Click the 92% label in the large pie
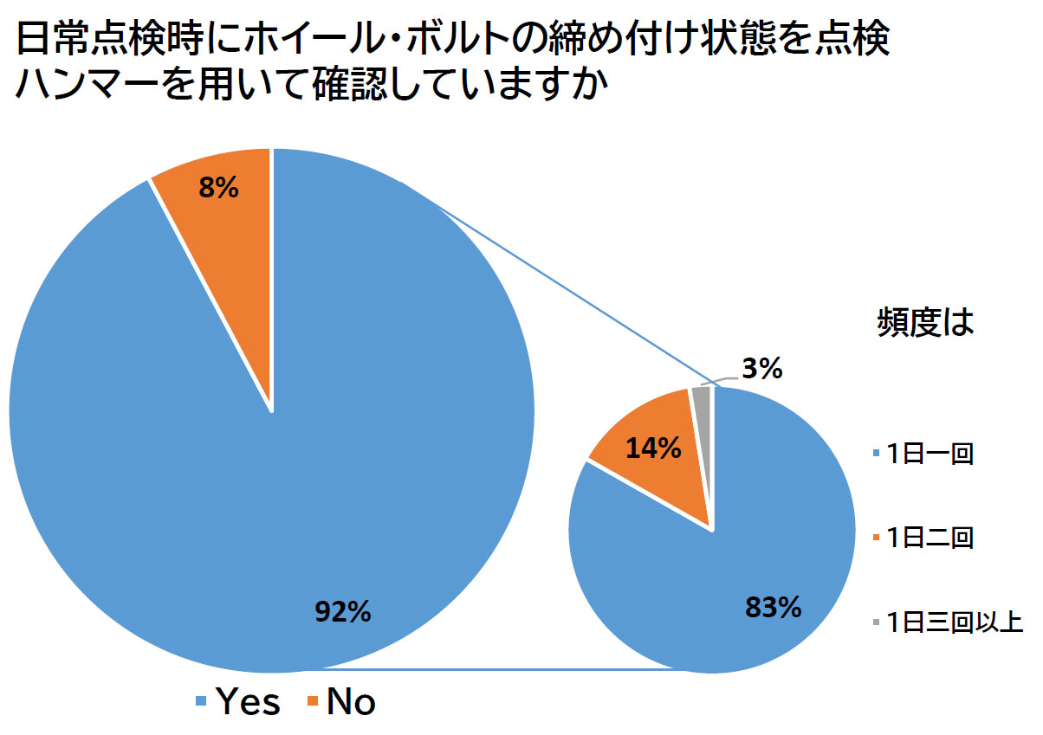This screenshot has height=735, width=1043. [x=342, y=612]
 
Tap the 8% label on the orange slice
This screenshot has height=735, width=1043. [x=218, y=188]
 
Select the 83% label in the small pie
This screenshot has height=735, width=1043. [x=773, y=607]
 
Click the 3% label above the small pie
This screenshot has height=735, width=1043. [x=762, y=370]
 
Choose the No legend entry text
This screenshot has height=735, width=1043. [x=351, y=702]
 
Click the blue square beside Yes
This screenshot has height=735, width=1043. [x=202, y=702]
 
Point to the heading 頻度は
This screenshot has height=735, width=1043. [x=921, y=323]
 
